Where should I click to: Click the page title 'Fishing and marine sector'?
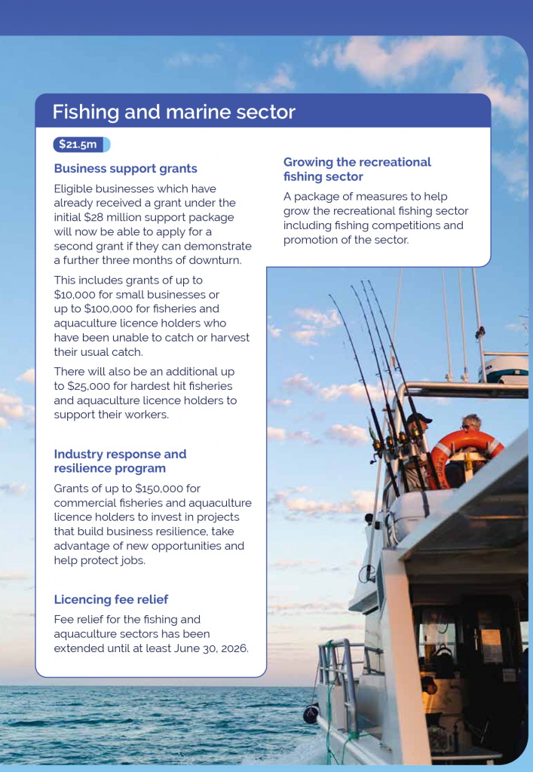coord(173,112)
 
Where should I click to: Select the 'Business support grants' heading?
coord(125,168)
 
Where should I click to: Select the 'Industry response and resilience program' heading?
coord(120,461)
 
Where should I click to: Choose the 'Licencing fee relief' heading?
coord(111,599)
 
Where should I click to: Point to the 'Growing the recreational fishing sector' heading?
coord(357,169)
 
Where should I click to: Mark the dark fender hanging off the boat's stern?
coord(311,713)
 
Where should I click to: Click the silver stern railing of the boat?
coord(335,663)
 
